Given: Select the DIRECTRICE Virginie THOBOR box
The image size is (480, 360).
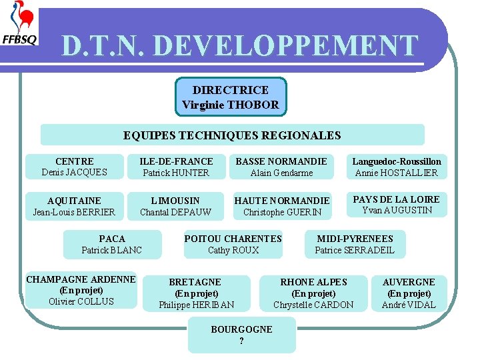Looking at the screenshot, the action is pyautogui.click(x=231, y=97).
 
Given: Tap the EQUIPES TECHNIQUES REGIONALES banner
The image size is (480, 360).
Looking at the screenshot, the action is pyautogui.click(x=232, y=135).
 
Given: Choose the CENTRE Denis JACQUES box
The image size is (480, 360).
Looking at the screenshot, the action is pyautogui.click(x=75, y=167).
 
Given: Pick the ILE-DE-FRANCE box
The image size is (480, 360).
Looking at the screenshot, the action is pyautogui.click(x=176, y=167).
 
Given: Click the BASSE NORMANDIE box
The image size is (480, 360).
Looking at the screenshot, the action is pyautogui.click(x=281, y=167).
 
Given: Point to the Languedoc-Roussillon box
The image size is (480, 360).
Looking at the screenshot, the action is pyautogui.click(x=397, y=167).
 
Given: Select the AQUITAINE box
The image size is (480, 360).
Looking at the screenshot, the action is pyautogui.click(x=75, y=206).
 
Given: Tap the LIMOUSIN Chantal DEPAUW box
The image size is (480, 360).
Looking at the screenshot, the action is pyautogui.click(x=175, y=206).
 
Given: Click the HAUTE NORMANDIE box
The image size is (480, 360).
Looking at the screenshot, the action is pyautogui.click(x=282, y=206).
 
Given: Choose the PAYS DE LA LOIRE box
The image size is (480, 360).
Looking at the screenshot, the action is pyautogui.click(x=397, y=205).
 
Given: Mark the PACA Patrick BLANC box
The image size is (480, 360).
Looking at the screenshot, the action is pyautogui.click(x=112, y=244).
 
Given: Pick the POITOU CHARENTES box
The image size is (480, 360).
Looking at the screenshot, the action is pyautogui.click(x=233, y=244).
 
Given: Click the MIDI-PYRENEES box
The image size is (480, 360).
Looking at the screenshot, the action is pyautogui.click(x=355, y=244).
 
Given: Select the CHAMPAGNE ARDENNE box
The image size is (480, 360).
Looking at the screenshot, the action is pyautogui.click(x=81, y=290).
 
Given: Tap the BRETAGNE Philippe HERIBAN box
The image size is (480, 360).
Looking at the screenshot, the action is pyautogui.click(x=197, y=293).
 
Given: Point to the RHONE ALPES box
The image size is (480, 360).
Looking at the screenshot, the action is pyautogui.click(x=313, y=293).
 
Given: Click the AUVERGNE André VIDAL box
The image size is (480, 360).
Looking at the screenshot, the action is pyautogui.click(x=409, y=293).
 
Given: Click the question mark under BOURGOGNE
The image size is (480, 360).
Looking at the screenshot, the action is pyautogui.click(x=241, y=341).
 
